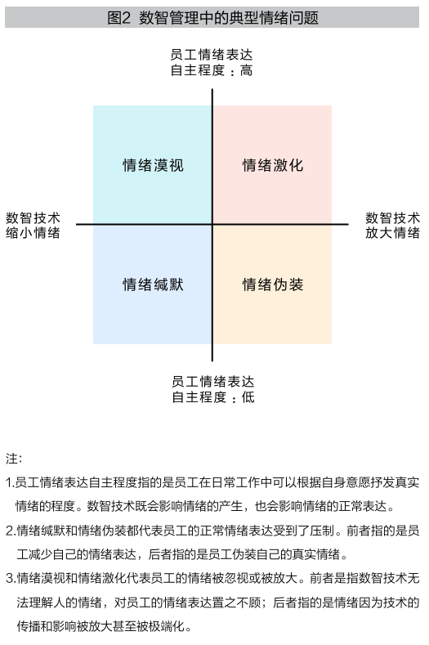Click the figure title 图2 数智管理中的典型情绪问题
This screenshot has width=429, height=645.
(212, 18)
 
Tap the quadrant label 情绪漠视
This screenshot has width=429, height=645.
(153, 165)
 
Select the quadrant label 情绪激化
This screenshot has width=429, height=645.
(273, 165)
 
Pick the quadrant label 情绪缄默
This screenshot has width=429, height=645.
(153, 284)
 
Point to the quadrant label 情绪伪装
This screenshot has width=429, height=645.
(273, 284)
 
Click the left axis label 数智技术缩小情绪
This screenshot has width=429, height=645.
(33, 226)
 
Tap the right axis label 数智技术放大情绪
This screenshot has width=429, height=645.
(392, 226)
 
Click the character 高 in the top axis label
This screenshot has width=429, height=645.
(246, 70)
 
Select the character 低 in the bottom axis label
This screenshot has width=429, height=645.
(248, 397)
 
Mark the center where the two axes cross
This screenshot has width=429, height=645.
(212, 224)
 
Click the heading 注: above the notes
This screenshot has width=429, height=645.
(14, 459)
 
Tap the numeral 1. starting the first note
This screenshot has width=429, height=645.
(10, 482)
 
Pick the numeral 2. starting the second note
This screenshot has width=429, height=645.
(11, 531)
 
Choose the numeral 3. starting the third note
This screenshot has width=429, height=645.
(11, 578)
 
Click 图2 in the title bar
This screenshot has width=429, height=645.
(118, 18)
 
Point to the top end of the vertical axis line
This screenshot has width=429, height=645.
(212, 89)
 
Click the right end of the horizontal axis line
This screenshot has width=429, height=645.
(348, 224)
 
